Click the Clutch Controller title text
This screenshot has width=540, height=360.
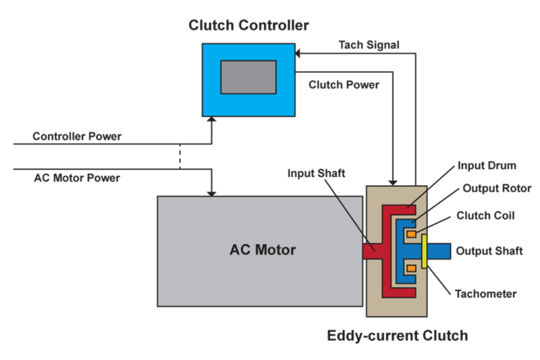pyautogui.click(x=249, y=26)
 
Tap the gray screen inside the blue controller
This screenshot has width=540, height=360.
pyautogui.click(x=248, y=77)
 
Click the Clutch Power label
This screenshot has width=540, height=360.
pyautogui.click(x=344, y=85)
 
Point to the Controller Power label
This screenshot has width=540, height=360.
pyautogui.click(x=77, y=136)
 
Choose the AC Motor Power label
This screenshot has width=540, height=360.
pyautogui.click(x=77, y=178)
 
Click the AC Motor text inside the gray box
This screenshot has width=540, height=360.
pyautogui.click(x=263, y=250)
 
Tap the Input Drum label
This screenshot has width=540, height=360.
pyautogui.click(x=487, y=165)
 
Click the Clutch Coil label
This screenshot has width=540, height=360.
pyautogui.click(x=486, y=216)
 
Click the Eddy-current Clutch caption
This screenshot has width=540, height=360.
pyautogui.click(x=397, y=335)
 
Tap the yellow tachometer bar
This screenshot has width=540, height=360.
pyautogui.click(x=423, y=251)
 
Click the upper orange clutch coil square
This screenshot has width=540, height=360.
pyautogui.click(x=410, y=234)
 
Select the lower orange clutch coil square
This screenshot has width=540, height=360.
pyautogui.click(x=410, y=269)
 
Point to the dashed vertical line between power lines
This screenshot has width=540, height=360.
pyautogui.click(x=180, y=157)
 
